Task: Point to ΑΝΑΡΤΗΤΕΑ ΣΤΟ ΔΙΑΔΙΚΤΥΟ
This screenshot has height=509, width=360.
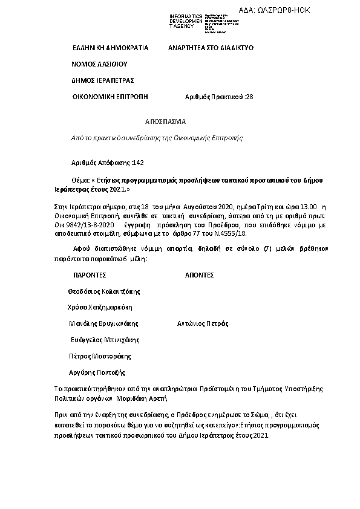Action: [x=211, y=47]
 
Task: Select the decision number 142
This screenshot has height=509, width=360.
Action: [x=139, y=163]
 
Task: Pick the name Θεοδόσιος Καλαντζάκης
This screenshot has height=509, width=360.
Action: [x=105, y=291]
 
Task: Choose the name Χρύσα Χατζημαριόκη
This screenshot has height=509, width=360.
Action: [x=100, y=307]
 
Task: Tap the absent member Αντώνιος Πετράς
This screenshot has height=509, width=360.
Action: [x=202, y=323]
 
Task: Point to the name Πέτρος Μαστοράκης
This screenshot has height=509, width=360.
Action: [x=100, y=356]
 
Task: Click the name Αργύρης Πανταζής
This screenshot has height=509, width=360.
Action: [x=97, y=372]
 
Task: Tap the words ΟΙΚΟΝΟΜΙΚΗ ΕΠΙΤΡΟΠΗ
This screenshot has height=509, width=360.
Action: [x=110, y=97]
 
